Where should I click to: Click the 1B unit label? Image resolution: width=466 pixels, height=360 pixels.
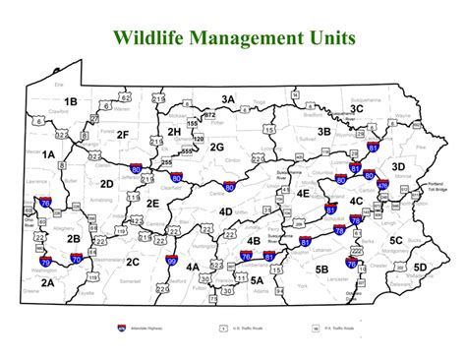tap(69, 101)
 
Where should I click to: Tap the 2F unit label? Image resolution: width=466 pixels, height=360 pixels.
tap(122, 134)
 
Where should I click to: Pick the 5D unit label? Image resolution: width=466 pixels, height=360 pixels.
tap(420, 266)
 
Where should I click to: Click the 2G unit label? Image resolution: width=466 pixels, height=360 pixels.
tap(217, 148)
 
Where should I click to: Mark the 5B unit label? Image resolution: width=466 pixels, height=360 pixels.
tap(321, 267)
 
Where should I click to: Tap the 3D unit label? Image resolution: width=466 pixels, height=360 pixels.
tap(397, 167)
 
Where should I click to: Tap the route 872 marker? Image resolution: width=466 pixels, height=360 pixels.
tap(208, 115)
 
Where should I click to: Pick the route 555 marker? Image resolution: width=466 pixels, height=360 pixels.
tap(187, 150)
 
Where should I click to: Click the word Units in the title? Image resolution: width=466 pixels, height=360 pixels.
tap(328, 38)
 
